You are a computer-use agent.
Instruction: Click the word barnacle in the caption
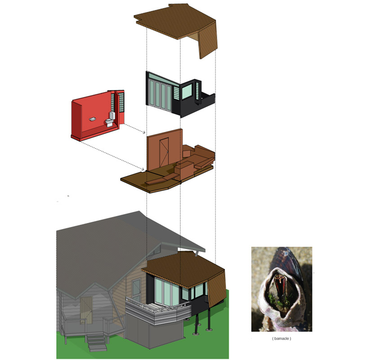click(281, 338)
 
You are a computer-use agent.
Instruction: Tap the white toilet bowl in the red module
click(109, 122)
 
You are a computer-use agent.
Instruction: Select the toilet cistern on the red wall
click(112, 115)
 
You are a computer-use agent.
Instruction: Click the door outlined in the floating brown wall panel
click(164, 152)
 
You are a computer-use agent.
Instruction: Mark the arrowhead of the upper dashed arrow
click(144, 133)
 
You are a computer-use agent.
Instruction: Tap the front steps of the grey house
click(96, 343)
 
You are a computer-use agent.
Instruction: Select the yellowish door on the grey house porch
click(85, 310)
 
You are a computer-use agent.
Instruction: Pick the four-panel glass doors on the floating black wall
click(160, 95)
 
